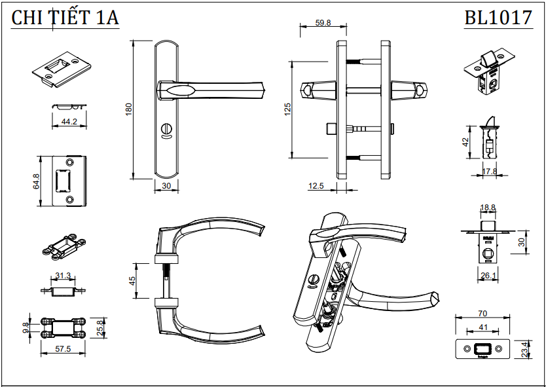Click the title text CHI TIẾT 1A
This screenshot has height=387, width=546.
(x=65, y=18)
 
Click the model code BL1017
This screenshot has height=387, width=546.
(x=498, y=18)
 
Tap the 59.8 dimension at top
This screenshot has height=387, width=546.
(x=323, y=22)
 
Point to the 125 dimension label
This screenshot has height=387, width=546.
(x=287, y=109)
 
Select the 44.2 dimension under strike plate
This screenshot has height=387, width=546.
(x=69, y=121)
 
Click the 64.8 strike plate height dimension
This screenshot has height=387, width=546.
(x=37, y=181)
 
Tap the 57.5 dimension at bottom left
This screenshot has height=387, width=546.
(x=63, y=349)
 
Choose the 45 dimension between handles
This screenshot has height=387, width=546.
(x=132, y=280)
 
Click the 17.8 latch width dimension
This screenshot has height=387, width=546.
(x=489, y=172)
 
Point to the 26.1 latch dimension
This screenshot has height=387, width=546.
(x=488, y=276)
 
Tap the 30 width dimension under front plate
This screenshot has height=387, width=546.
(x=166, y=186)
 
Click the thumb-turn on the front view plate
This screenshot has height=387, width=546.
(x=166, y=132)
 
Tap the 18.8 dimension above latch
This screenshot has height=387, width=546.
(x=488, y=208)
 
